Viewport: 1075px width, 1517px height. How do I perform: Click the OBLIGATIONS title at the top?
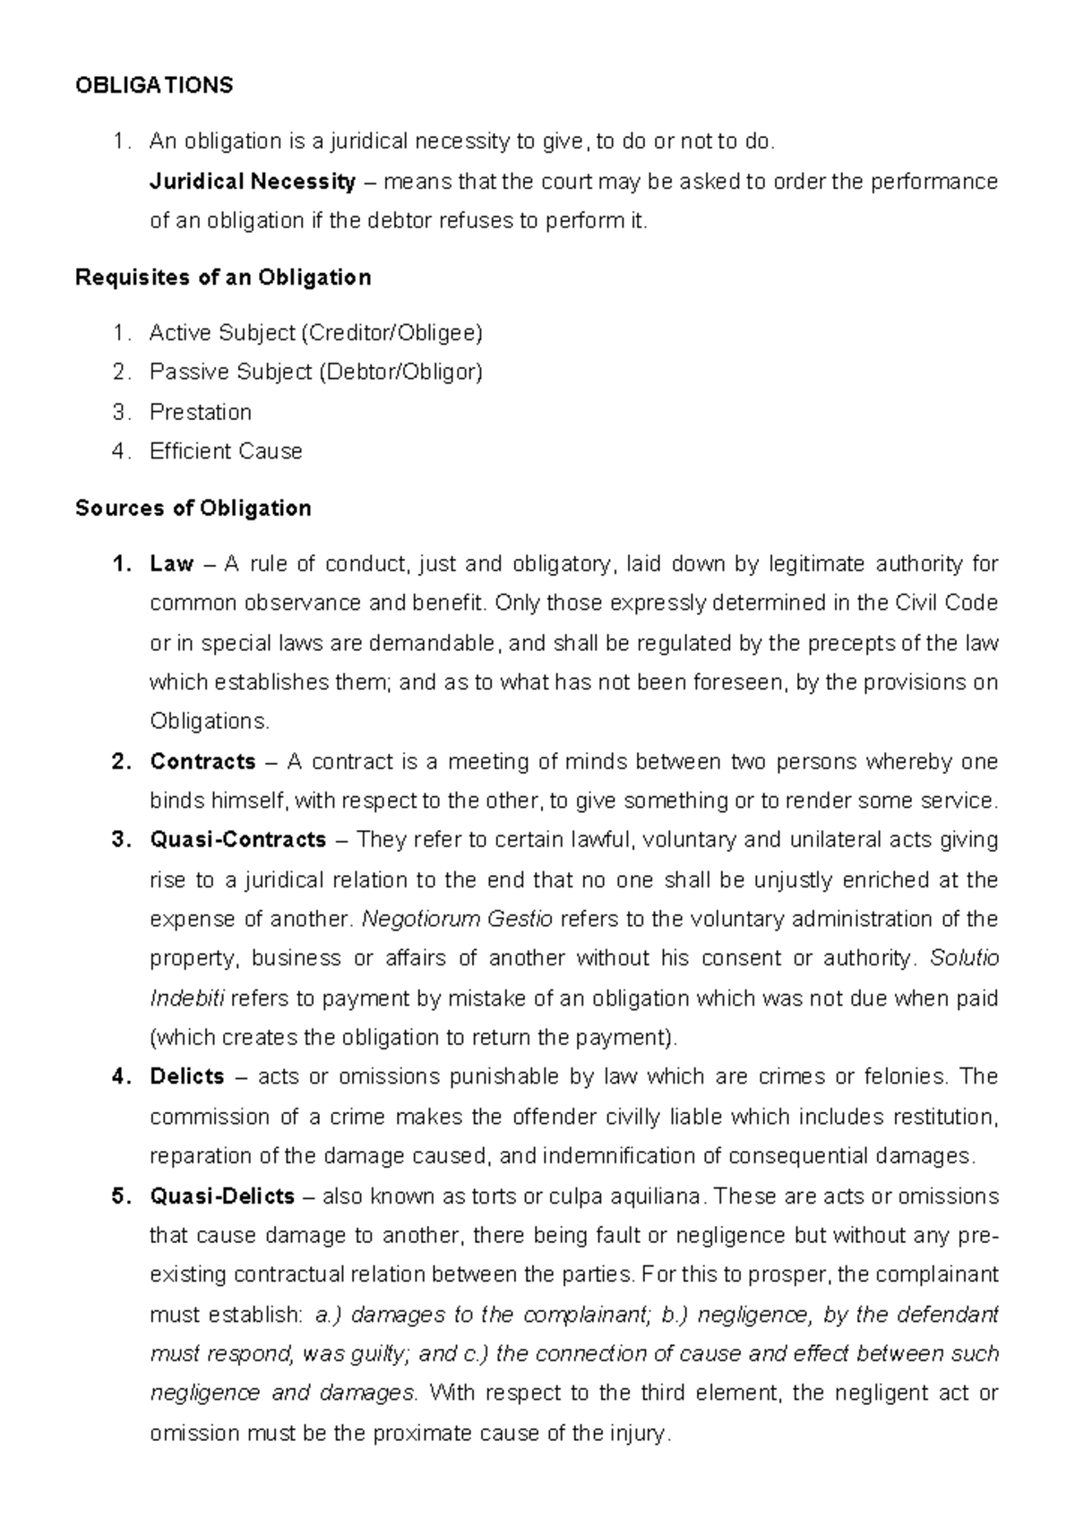coord(154,85)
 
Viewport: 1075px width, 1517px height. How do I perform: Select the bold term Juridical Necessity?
coord(253,182)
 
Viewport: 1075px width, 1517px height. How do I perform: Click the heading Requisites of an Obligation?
coord(223,278)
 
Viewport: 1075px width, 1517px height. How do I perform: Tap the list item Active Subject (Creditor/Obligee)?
coord(315,333)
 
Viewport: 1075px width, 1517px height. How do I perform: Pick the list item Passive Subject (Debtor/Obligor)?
coord(315,372)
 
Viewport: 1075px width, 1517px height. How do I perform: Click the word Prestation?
coord(201,412)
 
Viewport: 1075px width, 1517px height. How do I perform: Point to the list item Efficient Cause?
coord(226,451)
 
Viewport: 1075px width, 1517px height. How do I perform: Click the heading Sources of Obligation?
coord(193,509)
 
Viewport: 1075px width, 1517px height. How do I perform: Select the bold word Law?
coord(171,564)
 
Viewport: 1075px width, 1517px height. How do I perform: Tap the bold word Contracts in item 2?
coord(203,762)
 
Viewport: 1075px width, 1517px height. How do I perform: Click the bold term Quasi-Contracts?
coord(238,840)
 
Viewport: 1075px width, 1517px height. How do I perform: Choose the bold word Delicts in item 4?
coord(187,1076)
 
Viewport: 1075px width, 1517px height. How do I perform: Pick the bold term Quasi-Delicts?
coord(222,1196)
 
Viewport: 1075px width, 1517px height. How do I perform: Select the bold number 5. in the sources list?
coord(122,1196)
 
